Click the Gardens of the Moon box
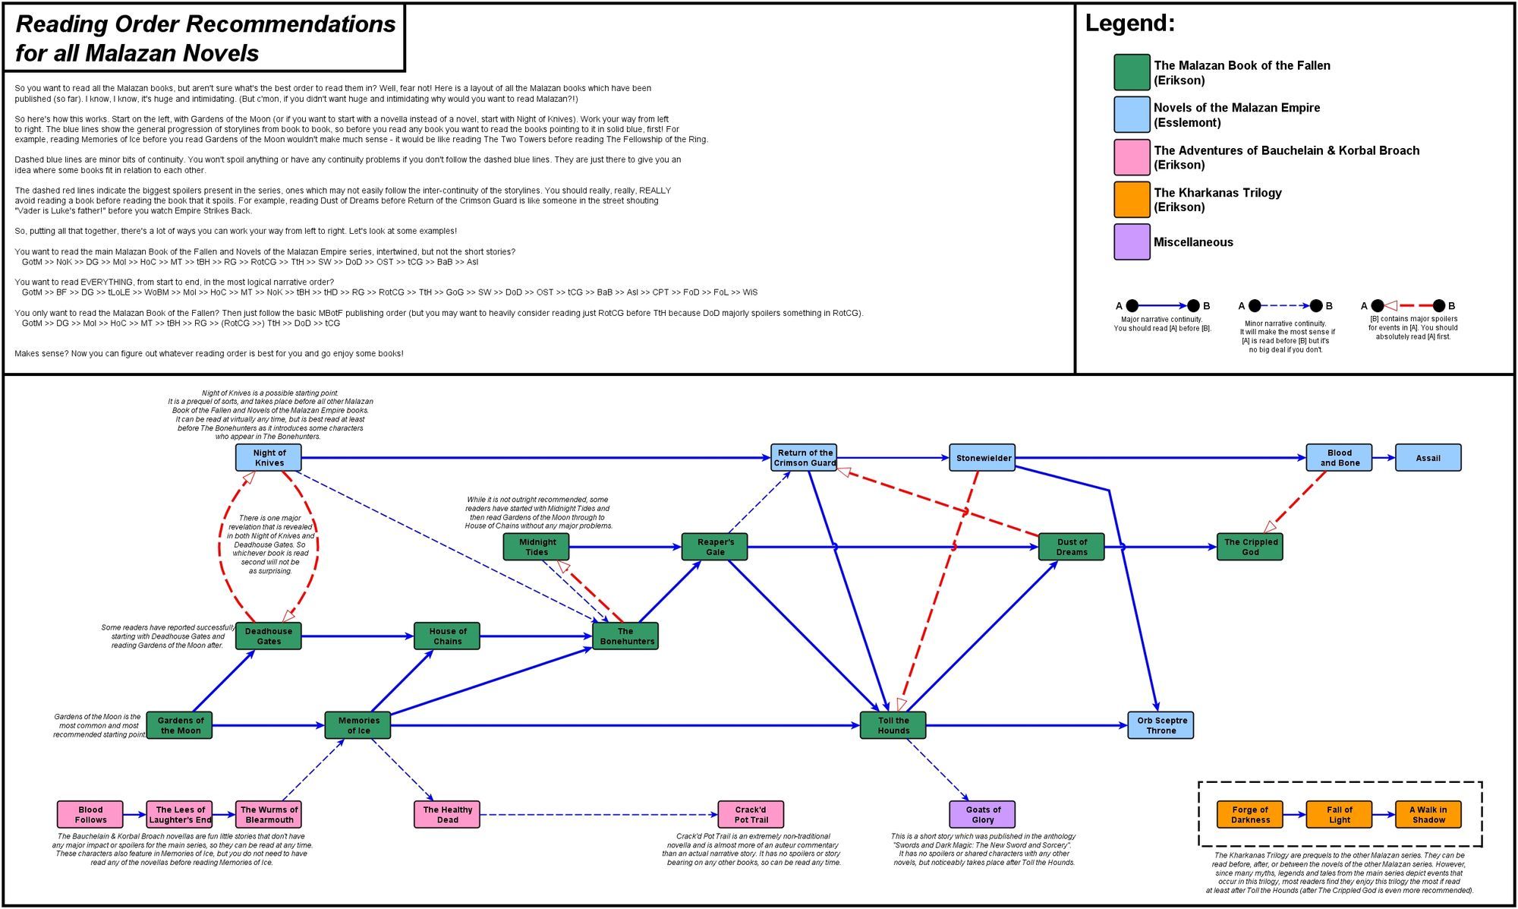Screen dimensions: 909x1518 179,725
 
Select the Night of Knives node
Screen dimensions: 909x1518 269,458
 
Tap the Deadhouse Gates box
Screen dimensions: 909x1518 269,636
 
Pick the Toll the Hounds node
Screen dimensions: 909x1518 893,725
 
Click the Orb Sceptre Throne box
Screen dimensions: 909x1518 1161,725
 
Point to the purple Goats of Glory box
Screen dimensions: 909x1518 983,815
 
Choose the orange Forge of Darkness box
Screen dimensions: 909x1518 1250,815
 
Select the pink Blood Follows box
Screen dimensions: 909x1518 90,815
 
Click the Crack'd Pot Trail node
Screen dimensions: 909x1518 751,815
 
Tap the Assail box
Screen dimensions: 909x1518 1428,458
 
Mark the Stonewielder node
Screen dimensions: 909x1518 983,458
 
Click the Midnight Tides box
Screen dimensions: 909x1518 537,547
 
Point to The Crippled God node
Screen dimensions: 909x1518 1250,547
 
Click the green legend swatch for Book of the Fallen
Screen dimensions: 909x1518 1132,73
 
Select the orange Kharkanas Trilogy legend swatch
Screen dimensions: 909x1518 1132,200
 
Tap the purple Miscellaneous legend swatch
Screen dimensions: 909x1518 1132,242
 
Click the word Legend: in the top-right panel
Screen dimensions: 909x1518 1129,24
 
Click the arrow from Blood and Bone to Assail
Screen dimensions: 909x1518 1384,458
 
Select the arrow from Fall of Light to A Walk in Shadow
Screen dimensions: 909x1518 1384,815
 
